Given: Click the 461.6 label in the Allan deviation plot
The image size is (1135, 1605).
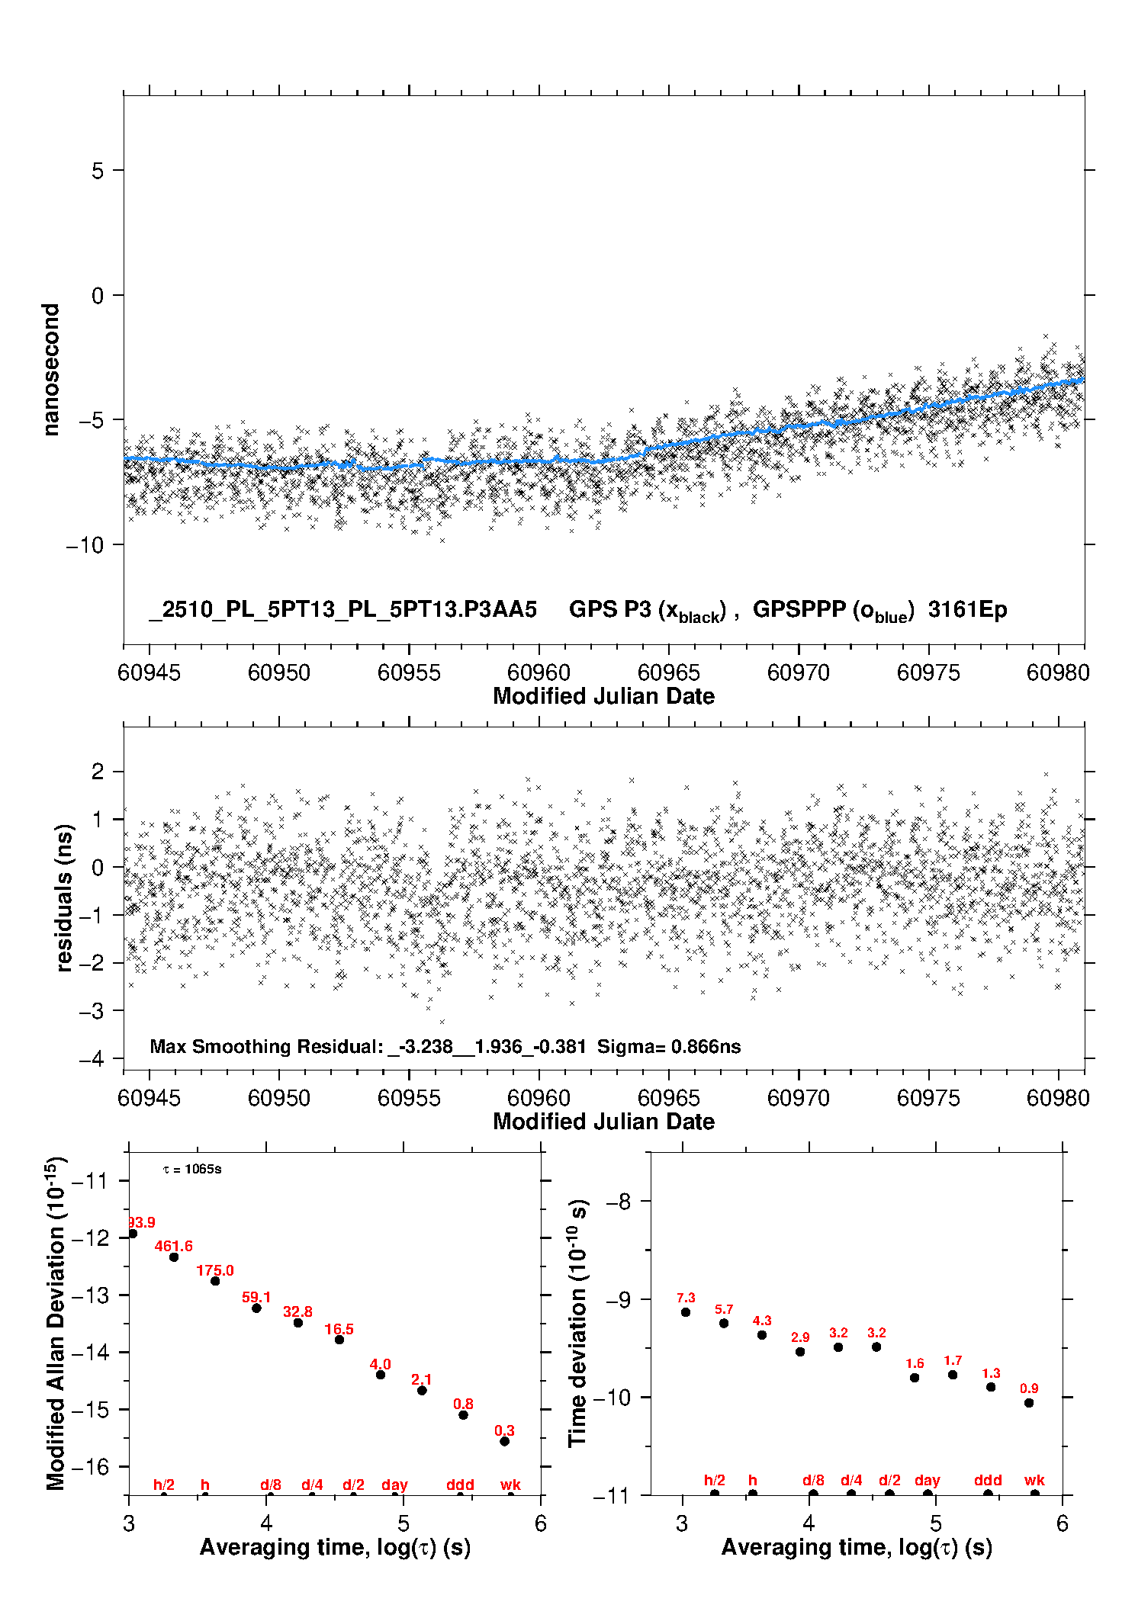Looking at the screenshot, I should pyautogui.click(x=173, y=1246).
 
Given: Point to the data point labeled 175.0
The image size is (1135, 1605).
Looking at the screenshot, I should pyautogui.click(x=215, y=1281).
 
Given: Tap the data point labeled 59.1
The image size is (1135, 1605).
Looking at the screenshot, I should pyautogui.click(x=256, y=1308).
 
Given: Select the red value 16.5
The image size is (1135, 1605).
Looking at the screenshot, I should pyautogui.click(x=339, y=1329).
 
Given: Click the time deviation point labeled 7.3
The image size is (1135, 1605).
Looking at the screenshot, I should pyautogui.click(x=686, y=1312).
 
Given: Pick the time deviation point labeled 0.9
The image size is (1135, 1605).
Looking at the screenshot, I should pyautogui.click(x=1029, y=1403).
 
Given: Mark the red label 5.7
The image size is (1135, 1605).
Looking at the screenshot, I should pyautogui.click(x=723, y=1309).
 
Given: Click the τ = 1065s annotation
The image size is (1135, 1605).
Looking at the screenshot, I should pyautogui.click(x=192, y=1170).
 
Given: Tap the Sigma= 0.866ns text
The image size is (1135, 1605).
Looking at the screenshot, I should pyautogui.click(x=669, y=1046).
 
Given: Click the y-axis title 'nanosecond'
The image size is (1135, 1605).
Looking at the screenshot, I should pyautogui.click(x=51, y=370).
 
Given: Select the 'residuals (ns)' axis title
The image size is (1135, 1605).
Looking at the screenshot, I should pyautogui.click(x=64, y=897).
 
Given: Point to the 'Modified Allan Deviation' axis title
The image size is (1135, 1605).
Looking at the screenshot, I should pyautogui.click(x=56, y=1324).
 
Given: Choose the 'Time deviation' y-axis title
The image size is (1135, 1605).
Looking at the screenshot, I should pyautogui.click(x=578, y=1323).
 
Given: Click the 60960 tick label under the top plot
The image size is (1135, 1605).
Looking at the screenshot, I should pyautogui.click(x=539, y=672).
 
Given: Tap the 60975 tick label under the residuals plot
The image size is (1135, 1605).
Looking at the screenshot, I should pyautogui.click(x=928, y=1098).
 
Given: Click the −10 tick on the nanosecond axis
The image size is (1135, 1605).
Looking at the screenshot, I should pyautogui.click(x=84, y=545).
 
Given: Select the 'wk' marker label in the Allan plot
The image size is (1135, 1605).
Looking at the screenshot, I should pyautogui.click(x=510, y=1485).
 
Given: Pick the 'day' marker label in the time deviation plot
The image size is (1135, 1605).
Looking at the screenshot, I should pyautogui.click(x=928, y=1480).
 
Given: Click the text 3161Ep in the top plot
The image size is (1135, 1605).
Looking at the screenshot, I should pyautogui.click(x=967, y=609).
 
